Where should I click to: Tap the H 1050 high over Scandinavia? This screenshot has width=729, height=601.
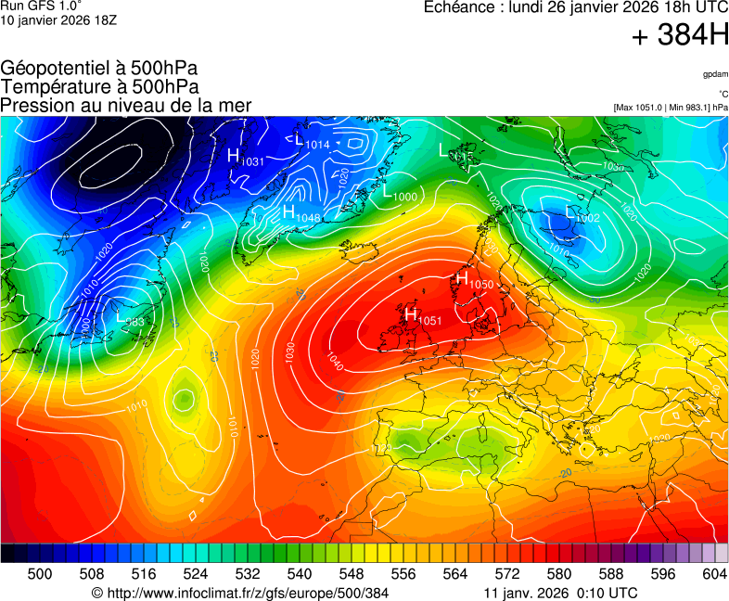[x=473, y=279]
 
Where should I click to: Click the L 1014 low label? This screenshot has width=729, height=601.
[x=312, y=142]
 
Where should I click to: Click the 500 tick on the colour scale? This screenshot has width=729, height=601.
[x=40, y=574]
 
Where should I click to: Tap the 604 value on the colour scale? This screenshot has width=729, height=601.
[x=714, y=574]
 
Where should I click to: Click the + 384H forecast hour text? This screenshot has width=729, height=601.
[x=680, y=36]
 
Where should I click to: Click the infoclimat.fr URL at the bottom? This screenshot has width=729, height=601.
[x=239, y=593]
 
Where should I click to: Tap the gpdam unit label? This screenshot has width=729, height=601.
[x=714, y=73]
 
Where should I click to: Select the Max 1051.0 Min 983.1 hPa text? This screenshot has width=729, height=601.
[x=671, y=108]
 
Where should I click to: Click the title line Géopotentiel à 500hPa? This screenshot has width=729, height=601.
[x=99, y=69]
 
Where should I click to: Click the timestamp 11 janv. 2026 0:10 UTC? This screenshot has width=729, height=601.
[x=560, y=593]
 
